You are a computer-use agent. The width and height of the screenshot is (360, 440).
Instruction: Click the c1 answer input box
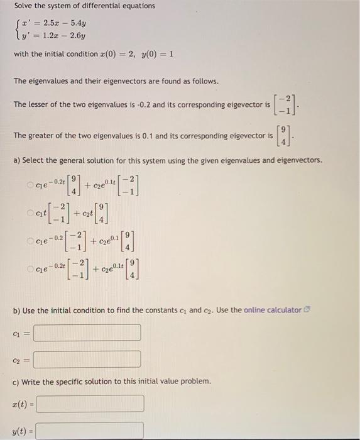coord(87,333)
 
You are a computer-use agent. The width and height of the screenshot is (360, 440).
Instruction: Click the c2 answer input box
coord(87,359)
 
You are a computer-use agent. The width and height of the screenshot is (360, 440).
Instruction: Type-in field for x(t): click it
coord(90,403)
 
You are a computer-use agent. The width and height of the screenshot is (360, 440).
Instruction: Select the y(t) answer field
coord(90,431)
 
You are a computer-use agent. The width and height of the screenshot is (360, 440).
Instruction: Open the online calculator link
coord(272,310)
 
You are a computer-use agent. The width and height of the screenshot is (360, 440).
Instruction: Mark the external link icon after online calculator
coord(306,310)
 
